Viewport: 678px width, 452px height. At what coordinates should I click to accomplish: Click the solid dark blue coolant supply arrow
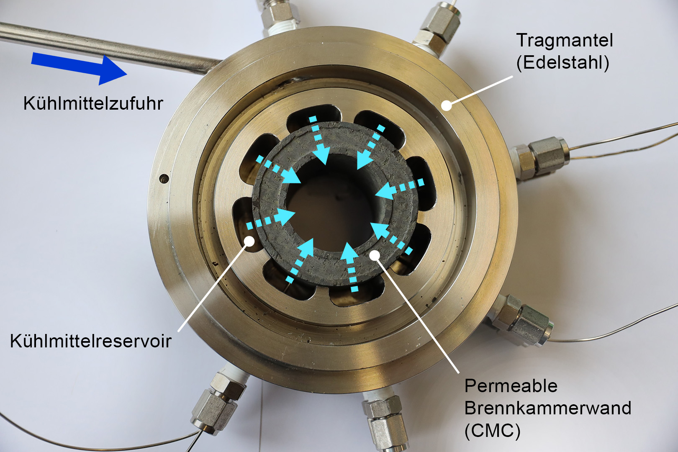pyautogui.click(x=79, y=68)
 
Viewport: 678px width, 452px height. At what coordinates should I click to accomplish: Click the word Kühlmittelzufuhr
pyautogui.click(x=93, y=103)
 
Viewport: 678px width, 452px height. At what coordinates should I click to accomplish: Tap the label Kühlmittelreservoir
pyautogui.click(x=91, y=341)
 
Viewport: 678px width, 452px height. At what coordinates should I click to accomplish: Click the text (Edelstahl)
pyautogui.click(x=562, y=63)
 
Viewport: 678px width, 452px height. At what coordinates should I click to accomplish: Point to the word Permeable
pyautogui.click(x=511, y=386)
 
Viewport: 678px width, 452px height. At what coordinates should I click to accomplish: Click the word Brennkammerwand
pyautogui.click(x=548, y=408)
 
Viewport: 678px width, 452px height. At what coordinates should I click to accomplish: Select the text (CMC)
pyautogui.click(x=492, y=431)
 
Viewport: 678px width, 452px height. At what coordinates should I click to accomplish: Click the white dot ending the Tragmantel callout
pyautogui.click(x=446, y=105)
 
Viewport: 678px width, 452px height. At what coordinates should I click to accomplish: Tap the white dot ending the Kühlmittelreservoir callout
pyautogui.click(x=249, y=241)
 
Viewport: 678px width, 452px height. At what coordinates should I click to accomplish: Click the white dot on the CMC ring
pyautogui.click(x=375, y=255)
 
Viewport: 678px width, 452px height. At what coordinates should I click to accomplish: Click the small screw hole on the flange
pyautogui.click(x=164, y=178)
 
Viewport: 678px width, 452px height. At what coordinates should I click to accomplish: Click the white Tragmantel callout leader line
pyautogui.click(x=480, y=90)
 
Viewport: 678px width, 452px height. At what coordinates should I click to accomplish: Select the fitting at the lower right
pyautogui.click(x=521, y=321)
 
